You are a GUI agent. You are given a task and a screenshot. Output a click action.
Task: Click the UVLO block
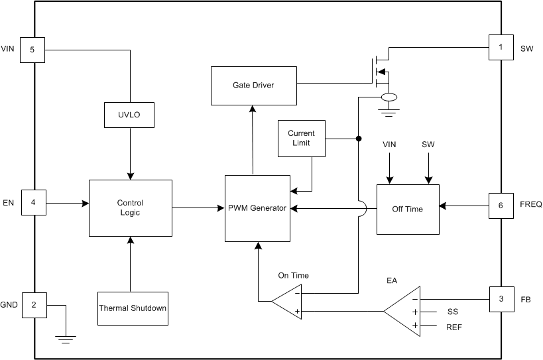click(x=130, y=115)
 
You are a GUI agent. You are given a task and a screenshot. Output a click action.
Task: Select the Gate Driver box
click(x=253, y=86)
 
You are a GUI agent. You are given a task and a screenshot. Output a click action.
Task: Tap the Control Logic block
click(x=130, y=208)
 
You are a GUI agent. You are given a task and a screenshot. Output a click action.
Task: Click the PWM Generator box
click(x=257, y=208)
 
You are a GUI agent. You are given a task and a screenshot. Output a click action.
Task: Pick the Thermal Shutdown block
click(x=133, y=308)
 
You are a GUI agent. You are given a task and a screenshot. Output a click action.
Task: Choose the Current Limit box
click(x=302, y=138)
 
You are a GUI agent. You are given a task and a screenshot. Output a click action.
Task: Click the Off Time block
click(x=408, y=209)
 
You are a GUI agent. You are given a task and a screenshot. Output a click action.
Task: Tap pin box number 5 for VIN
click(x=32, y=49)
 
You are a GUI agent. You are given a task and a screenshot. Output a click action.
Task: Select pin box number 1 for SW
click(x=501, y=48)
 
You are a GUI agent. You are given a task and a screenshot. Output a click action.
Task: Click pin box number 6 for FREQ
click(x=501, y=206)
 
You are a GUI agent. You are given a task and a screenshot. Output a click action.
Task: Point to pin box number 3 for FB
click(x=501, y=299)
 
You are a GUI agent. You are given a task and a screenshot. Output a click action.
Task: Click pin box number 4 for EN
click(x=32, y=202)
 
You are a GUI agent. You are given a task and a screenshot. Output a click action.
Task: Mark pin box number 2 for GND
click(x=32, y=304)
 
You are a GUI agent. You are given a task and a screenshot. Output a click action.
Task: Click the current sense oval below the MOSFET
click(x=388, y=98)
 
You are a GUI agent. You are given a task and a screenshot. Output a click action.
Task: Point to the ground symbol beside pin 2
click(x=65, y=339)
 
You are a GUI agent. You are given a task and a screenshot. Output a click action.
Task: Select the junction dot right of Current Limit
click(x=359, y=139)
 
